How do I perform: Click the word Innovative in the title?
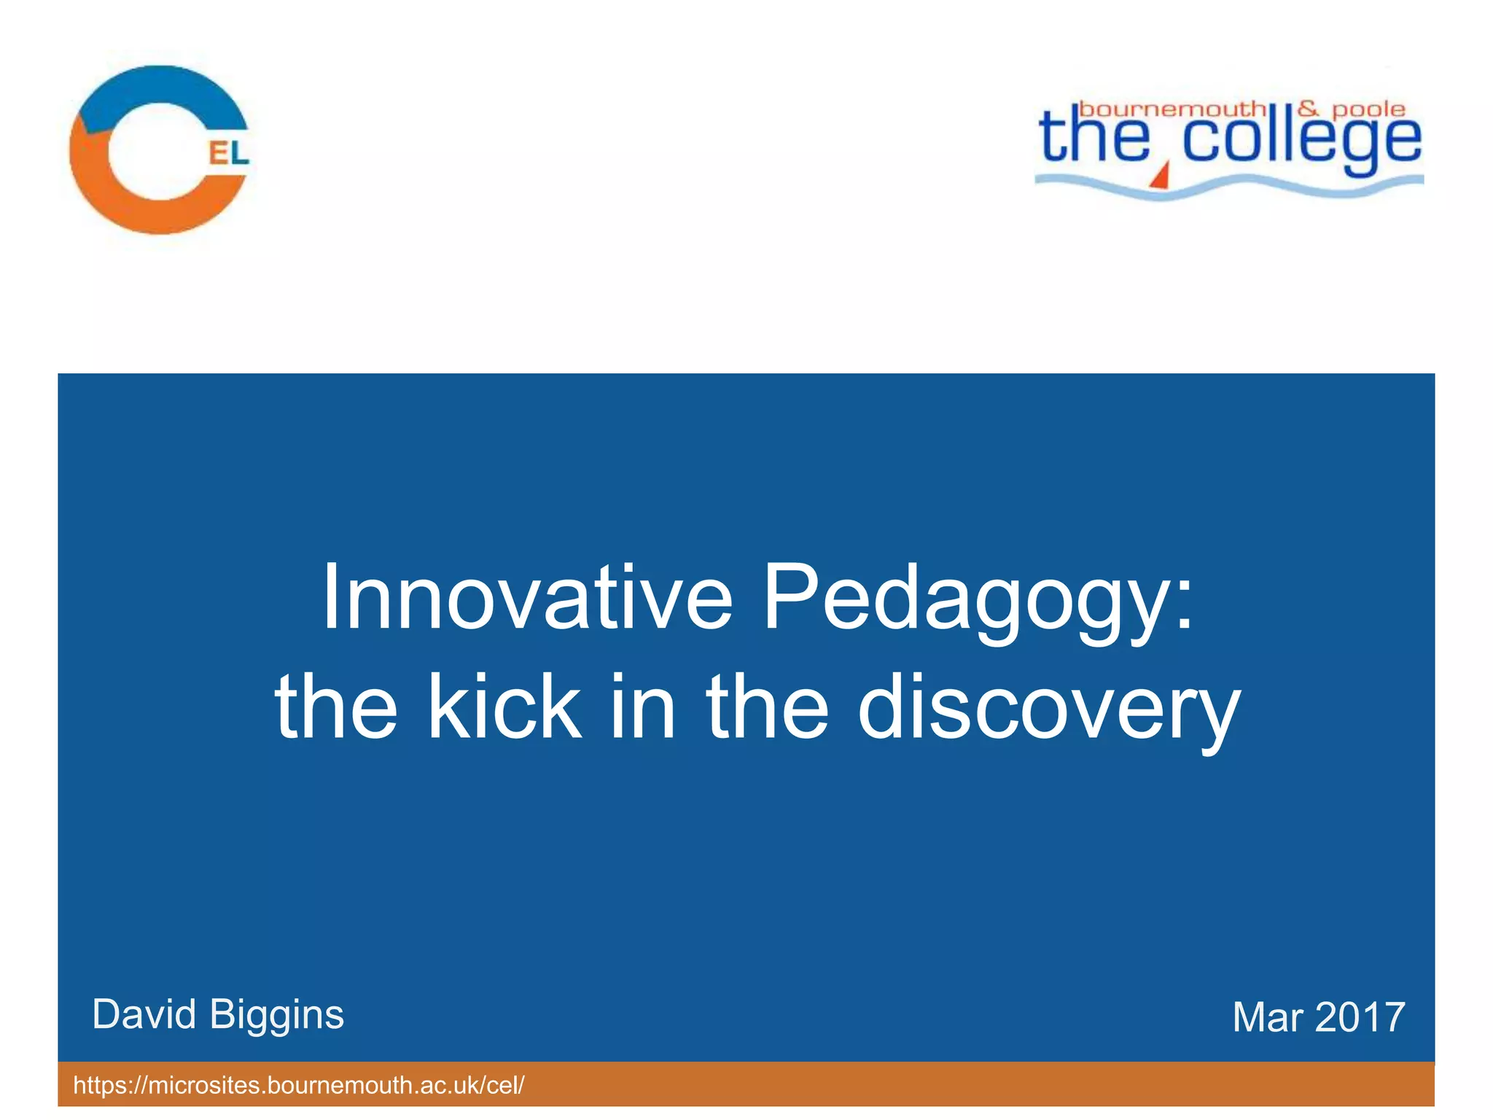[526, 598]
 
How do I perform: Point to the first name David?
[144, 1014]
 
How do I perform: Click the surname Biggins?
[276, 1016]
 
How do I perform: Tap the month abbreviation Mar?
[1267, 1017]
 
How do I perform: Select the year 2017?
[1360, 1017]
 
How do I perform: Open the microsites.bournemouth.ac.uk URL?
[299, 1085]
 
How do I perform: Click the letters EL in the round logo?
[229, 153]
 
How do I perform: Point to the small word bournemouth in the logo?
[1172, 109]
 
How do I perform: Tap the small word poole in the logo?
[1368, 109]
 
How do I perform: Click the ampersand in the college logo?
[1309, 109]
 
